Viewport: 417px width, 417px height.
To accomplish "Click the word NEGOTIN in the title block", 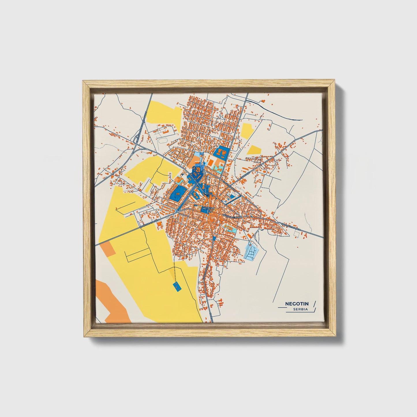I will click(x=297, y=304).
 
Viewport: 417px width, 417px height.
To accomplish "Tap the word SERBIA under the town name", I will click(x=300, y=309).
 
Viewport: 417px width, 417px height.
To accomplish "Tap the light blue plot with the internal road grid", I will click(x=250, y=250).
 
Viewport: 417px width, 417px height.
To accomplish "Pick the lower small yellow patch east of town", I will click(x=254, y=149).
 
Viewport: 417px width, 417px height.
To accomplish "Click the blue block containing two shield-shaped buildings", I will click(x=221, y=153).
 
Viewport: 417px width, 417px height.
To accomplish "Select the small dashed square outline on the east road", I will click(x=295, y=235).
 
